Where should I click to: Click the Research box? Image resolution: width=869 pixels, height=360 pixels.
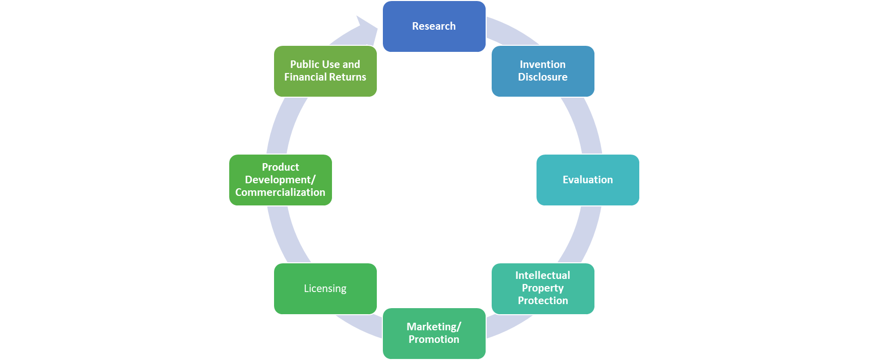[x=434, y=26]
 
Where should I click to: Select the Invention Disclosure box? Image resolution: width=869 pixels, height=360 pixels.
[x=543, y=71]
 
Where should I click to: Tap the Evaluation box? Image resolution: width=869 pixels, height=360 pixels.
[x=587, y=180]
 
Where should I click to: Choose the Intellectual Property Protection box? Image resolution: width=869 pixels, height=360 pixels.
[x=543, y=288]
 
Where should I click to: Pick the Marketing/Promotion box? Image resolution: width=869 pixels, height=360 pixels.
[x=434, y=333]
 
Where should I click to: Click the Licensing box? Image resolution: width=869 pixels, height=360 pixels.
[x=325, y=289]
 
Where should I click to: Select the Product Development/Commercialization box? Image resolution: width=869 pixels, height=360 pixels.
[x=280, y=180]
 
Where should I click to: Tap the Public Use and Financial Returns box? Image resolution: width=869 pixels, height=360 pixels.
[x=325, y=71]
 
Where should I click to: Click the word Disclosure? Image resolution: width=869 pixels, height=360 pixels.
[x=543, y=77]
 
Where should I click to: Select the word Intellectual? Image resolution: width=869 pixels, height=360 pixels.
[x=543, y=275]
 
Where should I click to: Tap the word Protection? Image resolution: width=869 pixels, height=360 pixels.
[x=543, y=301]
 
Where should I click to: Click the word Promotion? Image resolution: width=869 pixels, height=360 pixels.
[x=434, y=339]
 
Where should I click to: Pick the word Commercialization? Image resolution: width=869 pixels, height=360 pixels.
[x=280, y=192]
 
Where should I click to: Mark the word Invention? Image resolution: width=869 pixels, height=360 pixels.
[x=543, y=64]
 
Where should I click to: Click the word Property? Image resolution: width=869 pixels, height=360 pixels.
[x=543, y=288]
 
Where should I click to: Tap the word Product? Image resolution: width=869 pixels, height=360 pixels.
[x=280, y=167]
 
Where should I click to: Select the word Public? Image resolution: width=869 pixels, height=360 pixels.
[x=304, y=64]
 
